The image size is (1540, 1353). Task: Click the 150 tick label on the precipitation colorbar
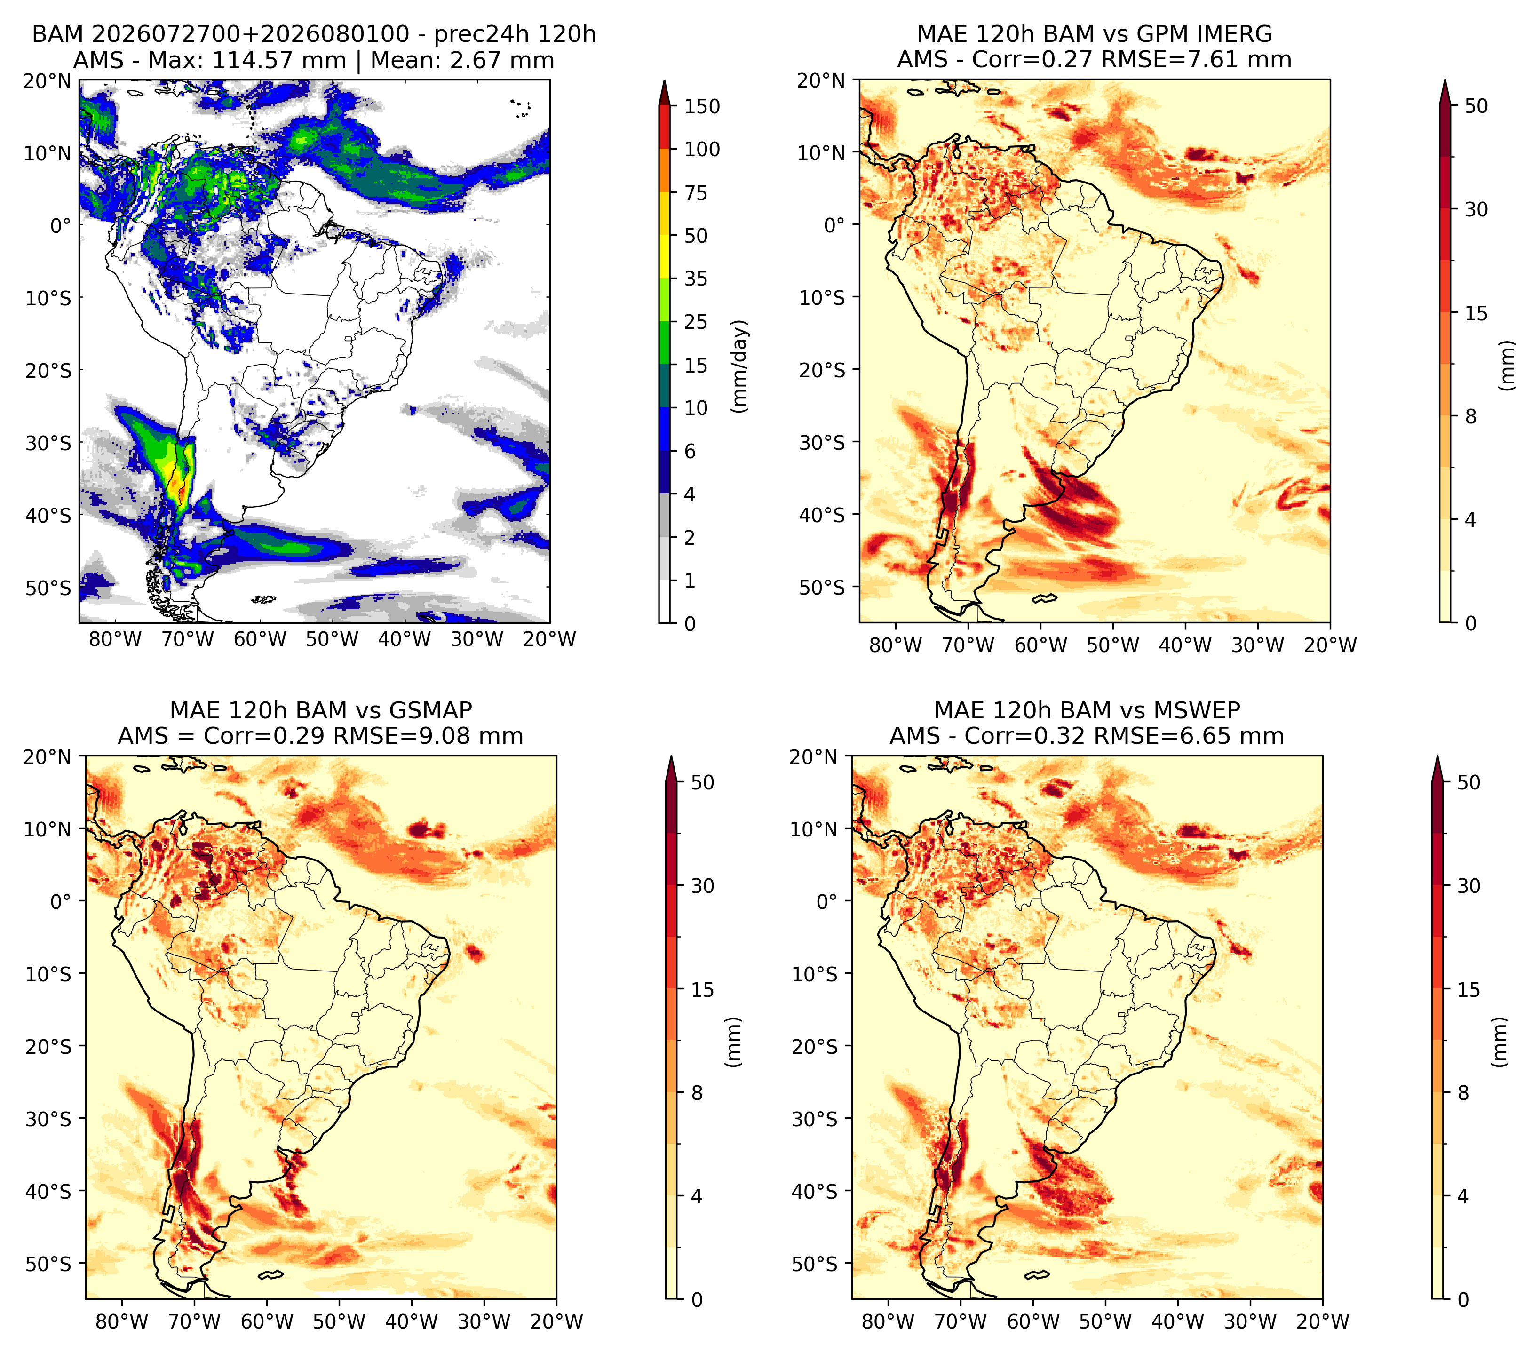click(701, 106)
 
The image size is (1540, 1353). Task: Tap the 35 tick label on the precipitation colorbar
click(695, 279)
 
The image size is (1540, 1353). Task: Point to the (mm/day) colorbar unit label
click(740, 366)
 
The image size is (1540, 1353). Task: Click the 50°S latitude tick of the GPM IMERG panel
click(823, 587)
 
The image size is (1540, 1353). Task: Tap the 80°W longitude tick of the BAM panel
click(115, 639)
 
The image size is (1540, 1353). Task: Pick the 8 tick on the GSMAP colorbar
click(696, 1092)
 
